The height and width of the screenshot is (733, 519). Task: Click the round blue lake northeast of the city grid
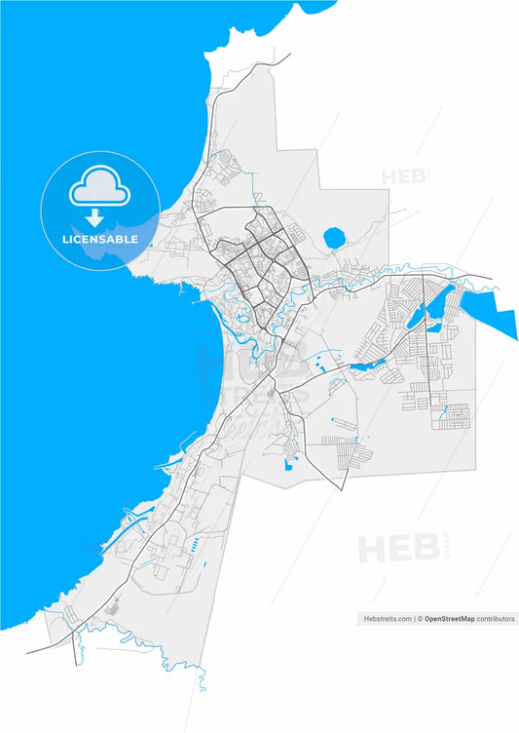334,237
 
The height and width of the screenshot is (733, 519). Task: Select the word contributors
497,618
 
